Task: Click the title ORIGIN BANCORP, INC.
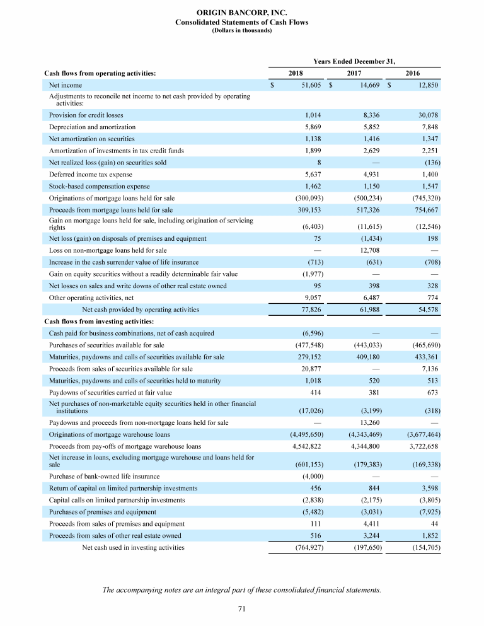tap(241, 13)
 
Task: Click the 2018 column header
tap(295, 74)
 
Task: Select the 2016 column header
tap(413, 74)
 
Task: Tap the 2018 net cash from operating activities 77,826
tap(309, 310)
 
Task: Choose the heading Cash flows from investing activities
tap(99, 322)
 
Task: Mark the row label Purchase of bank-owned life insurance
tap(104, 476)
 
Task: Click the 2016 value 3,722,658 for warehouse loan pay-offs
tap(419, 446)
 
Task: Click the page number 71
tap(241, 608)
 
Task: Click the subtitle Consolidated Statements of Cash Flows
tap(241, 22)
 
